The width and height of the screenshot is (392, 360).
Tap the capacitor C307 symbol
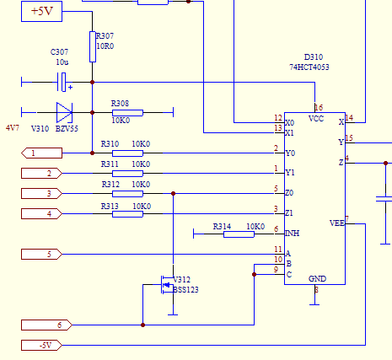coord(62,83)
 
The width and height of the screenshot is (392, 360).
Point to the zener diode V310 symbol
coord(64,111)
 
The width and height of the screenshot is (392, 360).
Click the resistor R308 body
coord(127,111)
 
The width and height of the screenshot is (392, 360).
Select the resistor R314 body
coord(239,234)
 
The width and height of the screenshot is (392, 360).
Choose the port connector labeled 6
coord(46,325)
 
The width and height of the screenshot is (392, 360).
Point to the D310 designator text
coord(313,56)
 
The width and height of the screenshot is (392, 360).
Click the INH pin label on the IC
coord(293,234)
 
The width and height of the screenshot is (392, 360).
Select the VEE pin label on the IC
coord(336,223)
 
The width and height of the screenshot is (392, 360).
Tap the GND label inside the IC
coord(317,278)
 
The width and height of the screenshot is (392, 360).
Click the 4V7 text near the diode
coord(13,128)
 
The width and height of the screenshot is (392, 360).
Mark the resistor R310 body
coord(127,153)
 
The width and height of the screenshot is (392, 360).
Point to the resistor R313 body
coord(127,213)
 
